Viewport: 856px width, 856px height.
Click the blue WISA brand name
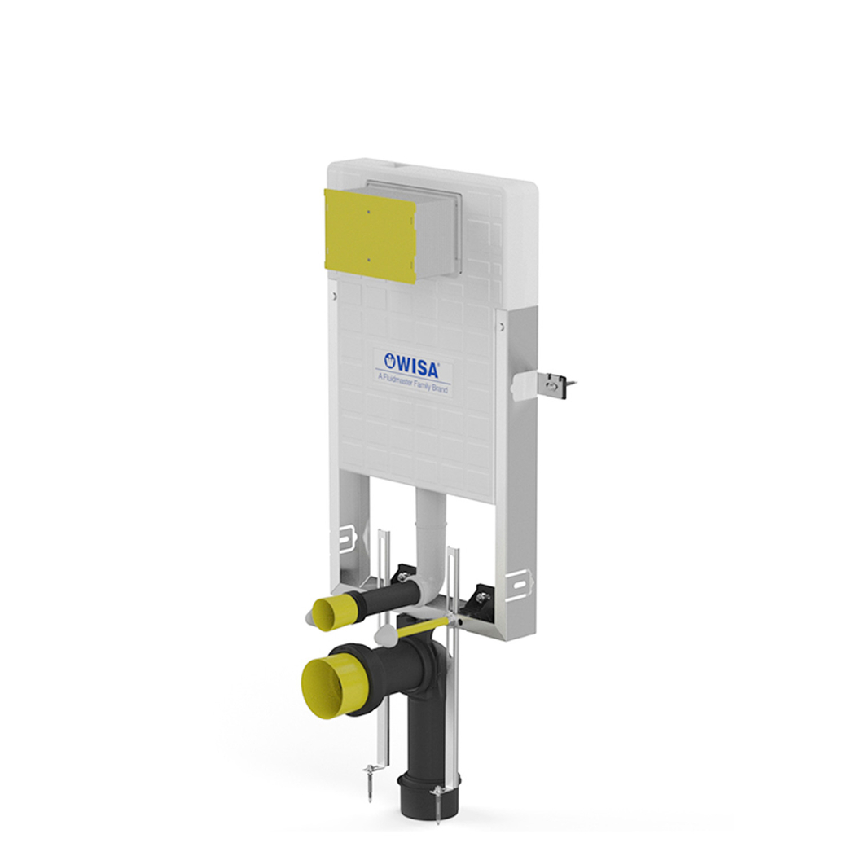418,367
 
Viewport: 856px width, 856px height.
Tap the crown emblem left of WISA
390,360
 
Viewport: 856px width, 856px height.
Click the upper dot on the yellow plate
368,212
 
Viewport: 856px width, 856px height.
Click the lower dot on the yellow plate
368,260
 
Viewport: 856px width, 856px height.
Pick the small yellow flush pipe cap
330,613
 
